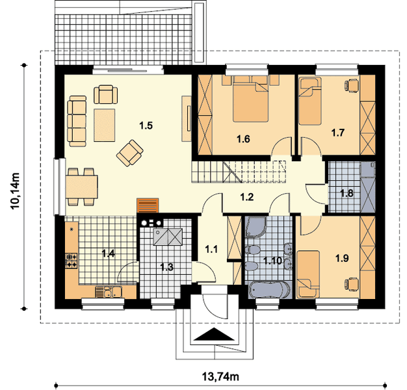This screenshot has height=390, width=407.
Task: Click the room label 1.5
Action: click(x=146, y=126)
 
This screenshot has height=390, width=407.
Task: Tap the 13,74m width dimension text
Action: click(x=220, y=376)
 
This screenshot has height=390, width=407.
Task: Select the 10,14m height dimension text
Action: click(x=16, y=190)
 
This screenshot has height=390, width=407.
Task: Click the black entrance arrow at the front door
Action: click(x=215, y=334)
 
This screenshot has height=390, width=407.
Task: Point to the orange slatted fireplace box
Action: click(x=148, y=205)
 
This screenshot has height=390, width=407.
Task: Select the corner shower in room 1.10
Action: click(x=256, y=227)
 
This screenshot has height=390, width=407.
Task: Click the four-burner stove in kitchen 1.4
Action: click(x=71, y=261)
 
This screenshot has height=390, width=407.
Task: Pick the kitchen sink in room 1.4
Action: click(x=109, y=292)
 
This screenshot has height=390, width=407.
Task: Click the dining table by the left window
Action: click(x=81, y=187)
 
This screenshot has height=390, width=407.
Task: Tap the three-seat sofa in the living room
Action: click(x=77, y=121)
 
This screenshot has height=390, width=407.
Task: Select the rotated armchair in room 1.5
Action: click(x=130, y=153)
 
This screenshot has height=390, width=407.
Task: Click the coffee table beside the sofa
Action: click(x=104, y=125)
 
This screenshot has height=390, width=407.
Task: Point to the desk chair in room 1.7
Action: click(x=352, y=85)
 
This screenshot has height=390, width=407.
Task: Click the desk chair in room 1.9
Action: click(x=352, y=284)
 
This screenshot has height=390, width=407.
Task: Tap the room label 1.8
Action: click(x=347, y=193)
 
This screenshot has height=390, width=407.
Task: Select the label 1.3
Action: click(x=166, y=267)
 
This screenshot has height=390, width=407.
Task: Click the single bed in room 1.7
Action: click(x=309, y=101)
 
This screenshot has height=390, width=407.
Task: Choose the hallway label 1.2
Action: click(x=246, y=197)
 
